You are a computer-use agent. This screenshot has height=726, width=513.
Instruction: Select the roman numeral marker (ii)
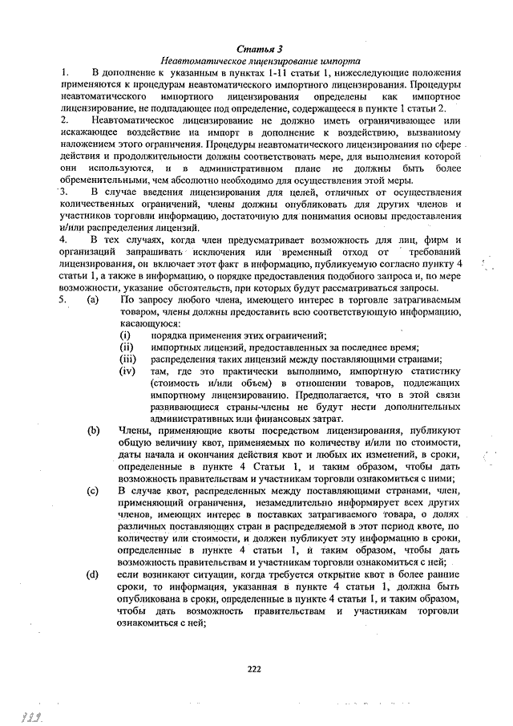[x=126, y=347]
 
